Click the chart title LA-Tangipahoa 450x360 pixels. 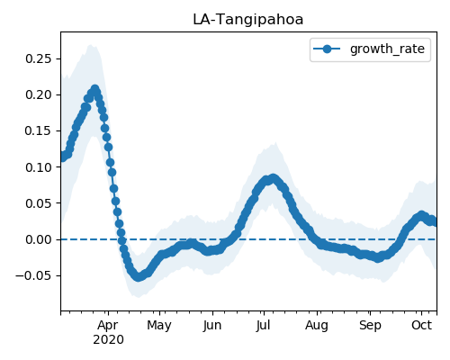248,20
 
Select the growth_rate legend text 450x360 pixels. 387,49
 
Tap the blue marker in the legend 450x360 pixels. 327,49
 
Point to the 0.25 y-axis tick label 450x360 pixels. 39,58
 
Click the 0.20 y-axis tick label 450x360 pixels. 39,94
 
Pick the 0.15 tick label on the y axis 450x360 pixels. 39,130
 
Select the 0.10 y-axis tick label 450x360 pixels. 39,167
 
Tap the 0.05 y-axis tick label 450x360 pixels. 39,203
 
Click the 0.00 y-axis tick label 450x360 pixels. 39,239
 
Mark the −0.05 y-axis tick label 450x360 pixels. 33,275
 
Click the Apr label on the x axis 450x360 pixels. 108,326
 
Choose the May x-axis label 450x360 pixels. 159,326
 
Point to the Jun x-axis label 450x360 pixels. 212,326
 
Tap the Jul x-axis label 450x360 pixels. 263,326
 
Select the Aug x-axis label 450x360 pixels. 317,326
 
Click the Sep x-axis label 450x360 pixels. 370,326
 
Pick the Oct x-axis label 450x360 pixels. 421,325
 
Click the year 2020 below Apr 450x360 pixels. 108,340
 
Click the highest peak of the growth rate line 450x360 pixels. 94,89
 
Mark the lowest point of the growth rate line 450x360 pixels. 138,276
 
